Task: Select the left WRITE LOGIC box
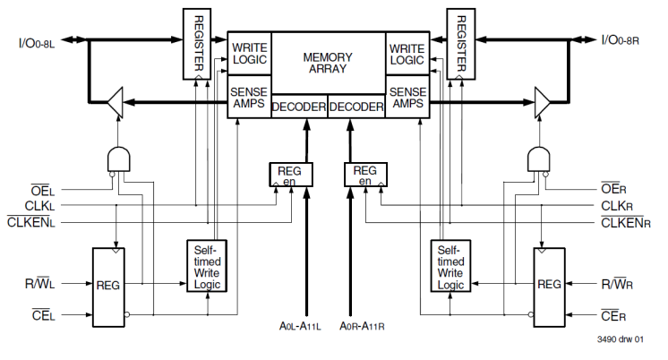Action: pyautogui.click(x=250, y=54)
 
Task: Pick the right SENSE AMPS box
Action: pyautogui.click(x=407, y=98)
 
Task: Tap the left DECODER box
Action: pyautogui.click(x=299, y=107)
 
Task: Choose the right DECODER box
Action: pyautogui.click(x=356, y=107)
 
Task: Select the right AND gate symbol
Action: pyautogui.click(x=541, y=159)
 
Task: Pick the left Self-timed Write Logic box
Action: pyautogui.click(x=207, y=265)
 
